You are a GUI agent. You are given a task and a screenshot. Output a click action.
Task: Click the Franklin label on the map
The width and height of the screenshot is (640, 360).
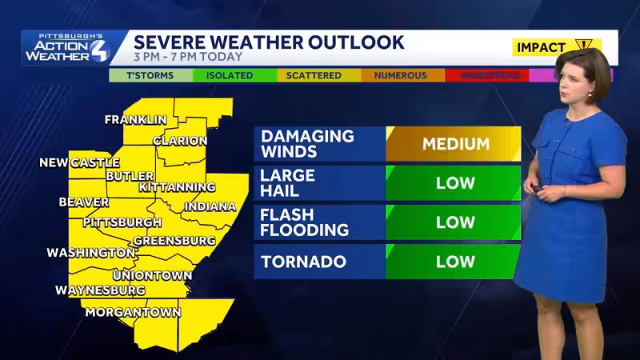tap(135, 120)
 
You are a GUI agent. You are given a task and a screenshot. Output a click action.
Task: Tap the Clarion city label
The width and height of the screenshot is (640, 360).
tap(179, 141)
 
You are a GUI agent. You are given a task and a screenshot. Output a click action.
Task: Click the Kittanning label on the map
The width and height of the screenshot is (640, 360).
tap(177, 187)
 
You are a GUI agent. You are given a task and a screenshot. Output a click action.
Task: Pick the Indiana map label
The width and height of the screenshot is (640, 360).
tap(210, 207)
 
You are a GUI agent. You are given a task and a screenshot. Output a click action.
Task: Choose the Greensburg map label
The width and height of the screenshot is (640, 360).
tap(174, 241)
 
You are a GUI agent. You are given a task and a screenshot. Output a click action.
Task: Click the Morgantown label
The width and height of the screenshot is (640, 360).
tap(133, 313)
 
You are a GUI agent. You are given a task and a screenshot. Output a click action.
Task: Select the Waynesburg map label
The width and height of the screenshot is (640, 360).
tap(100, 290)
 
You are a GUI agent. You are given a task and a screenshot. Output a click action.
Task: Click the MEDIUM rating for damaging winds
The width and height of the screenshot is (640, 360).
tap(454, 145)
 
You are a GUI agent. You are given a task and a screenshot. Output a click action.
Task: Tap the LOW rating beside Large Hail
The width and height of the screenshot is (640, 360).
tap(454, 183)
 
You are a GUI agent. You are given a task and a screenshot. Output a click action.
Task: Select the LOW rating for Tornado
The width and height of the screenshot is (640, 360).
tap(454, 262)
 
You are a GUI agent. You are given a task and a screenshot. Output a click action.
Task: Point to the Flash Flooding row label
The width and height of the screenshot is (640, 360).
tap(305, 222)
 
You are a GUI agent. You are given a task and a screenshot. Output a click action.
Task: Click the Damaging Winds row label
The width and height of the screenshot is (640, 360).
tap(307, 144)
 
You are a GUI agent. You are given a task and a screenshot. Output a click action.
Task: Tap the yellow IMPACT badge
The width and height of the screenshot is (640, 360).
tap(552, 47)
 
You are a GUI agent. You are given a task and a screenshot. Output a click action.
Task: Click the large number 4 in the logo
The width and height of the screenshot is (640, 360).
tap(97, 50)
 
